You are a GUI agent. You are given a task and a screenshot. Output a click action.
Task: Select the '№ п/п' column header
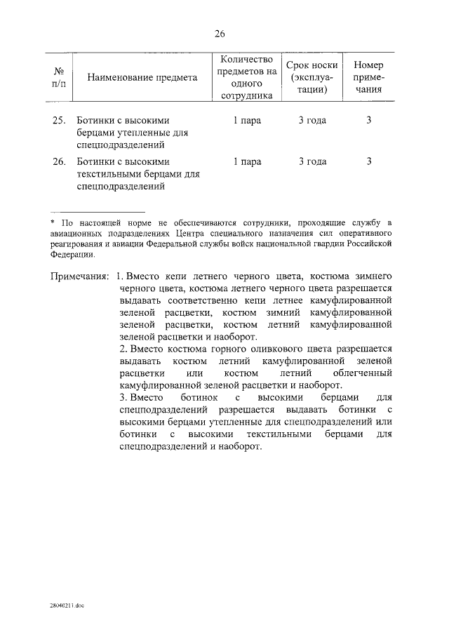(x=60, y=78)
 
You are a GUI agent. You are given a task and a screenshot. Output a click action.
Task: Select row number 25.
(x=59, y=121)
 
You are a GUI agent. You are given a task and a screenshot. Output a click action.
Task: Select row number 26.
(x=59, y=162)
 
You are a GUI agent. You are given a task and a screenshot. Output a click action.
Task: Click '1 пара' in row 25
(x=247, y=121)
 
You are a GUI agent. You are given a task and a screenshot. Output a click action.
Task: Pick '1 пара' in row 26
(x=247, y=162)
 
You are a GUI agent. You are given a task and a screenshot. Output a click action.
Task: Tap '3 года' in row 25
(x=312, y=121)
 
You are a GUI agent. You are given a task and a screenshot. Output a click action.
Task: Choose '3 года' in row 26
(x=312, y=162)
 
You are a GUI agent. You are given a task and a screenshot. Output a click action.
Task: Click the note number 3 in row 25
(x=368, y=121)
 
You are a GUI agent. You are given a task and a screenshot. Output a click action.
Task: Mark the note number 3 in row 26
(x=368, y=162)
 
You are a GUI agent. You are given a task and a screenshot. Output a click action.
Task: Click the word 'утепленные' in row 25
(x=142, y=133)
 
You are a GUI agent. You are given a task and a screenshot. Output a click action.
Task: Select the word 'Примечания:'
(x=79, y=276)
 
